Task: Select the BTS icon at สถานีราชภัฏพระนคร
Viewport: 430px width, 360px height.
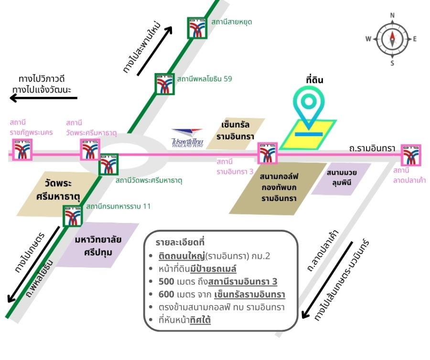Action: (22, 150)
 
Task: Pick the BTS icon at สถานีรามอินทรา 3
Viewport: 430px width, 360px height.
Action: (268, 153)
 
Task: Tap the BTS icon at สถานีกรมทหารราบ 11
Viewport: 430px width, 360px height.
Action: (73, 216)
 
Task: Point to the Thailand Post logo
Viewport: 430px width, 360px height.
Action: (187, 138)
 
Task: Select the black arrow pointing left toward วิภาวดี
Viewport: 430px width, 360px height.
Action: (43, 98)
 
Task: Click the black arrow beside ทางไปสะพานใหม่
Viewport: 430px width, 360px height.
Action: (155, 51)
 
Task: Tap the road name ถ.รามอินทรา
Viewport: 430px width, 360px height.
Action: (372, 149)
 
